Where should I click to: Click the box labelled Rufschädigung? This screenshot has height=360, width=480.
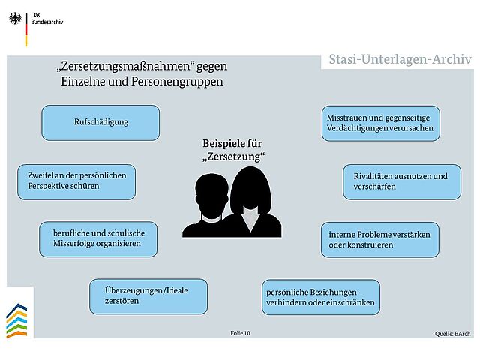pos(100,122)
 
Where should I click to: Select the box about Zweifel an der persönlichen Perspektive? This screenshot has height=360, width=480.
pos(76,181)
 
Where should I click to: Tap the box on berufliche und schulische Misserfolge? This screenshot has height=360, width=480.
pos(97,238)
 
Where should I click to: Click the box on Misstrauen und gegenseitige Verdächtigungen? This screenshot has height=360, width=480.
pos(379,124)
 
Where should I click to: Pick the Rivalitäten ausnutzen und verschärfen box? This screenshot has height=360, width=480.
pos(402,182)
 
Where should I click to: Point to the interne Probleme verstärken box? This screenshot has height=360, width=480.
pos(379,239)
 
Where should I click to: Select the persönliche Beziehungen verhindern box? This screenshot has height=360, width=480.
pos(320,297)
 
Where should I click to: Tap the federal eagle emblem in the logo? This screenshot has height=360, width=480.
pos(15,19)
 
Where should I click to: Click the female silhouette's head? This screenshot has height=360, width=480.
pos(250,189)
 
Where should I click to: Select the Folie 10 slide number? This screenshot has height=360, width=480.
pos(240,331)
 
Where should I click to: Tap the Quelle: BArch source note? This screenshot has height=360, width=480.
pos(453,331)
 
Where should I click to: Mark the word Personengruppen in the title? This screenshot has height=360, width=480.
pos(183,81)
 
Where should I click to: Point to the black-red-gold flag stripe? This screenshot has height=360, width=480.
pos(27,28)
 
